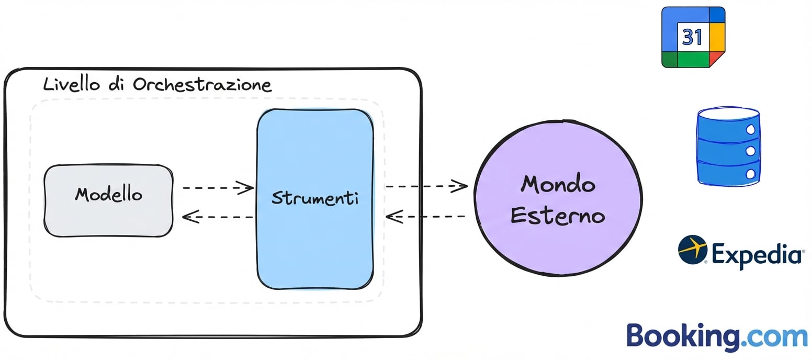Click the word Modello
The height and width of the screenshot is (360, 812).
point(108,194)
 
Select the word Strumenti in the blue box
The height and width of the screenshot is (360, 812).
point(315,198)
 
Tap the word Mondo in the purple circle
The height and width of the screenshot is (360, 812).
point(558,184)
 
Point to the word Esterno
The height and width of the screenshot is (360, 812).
point(558,216)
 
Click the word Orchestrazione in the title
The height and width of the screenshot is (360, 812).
point(202,84)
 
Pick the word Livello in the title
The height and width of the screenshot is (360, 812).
point(71,84)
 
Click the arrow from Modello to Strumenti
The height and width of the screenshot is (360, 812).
point(218,188)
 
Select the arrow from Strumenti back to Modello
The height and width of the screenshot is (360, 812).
point(218,217)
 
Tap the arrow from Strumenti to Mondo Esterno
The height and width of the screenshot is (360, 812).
point(426,186)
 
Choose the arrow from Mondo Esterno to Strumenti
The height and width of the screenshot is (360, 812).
point(425,217)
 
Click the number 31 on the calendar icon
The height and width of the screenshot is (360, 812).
point(692,37)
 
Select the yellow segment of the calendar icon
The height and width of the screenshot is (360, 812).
point(717,37)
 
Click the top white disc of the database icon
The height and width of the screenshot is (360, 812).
point(729,113)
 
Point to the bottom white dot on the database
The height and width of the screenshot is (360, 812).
point(751,174)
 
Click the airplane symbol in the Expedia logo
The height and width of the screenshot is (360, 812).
point(692,250)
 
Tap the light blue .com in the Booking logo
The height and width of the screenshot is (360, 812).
point(774,337)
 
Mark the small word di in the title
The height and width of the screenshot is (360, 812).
point(116,84)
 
